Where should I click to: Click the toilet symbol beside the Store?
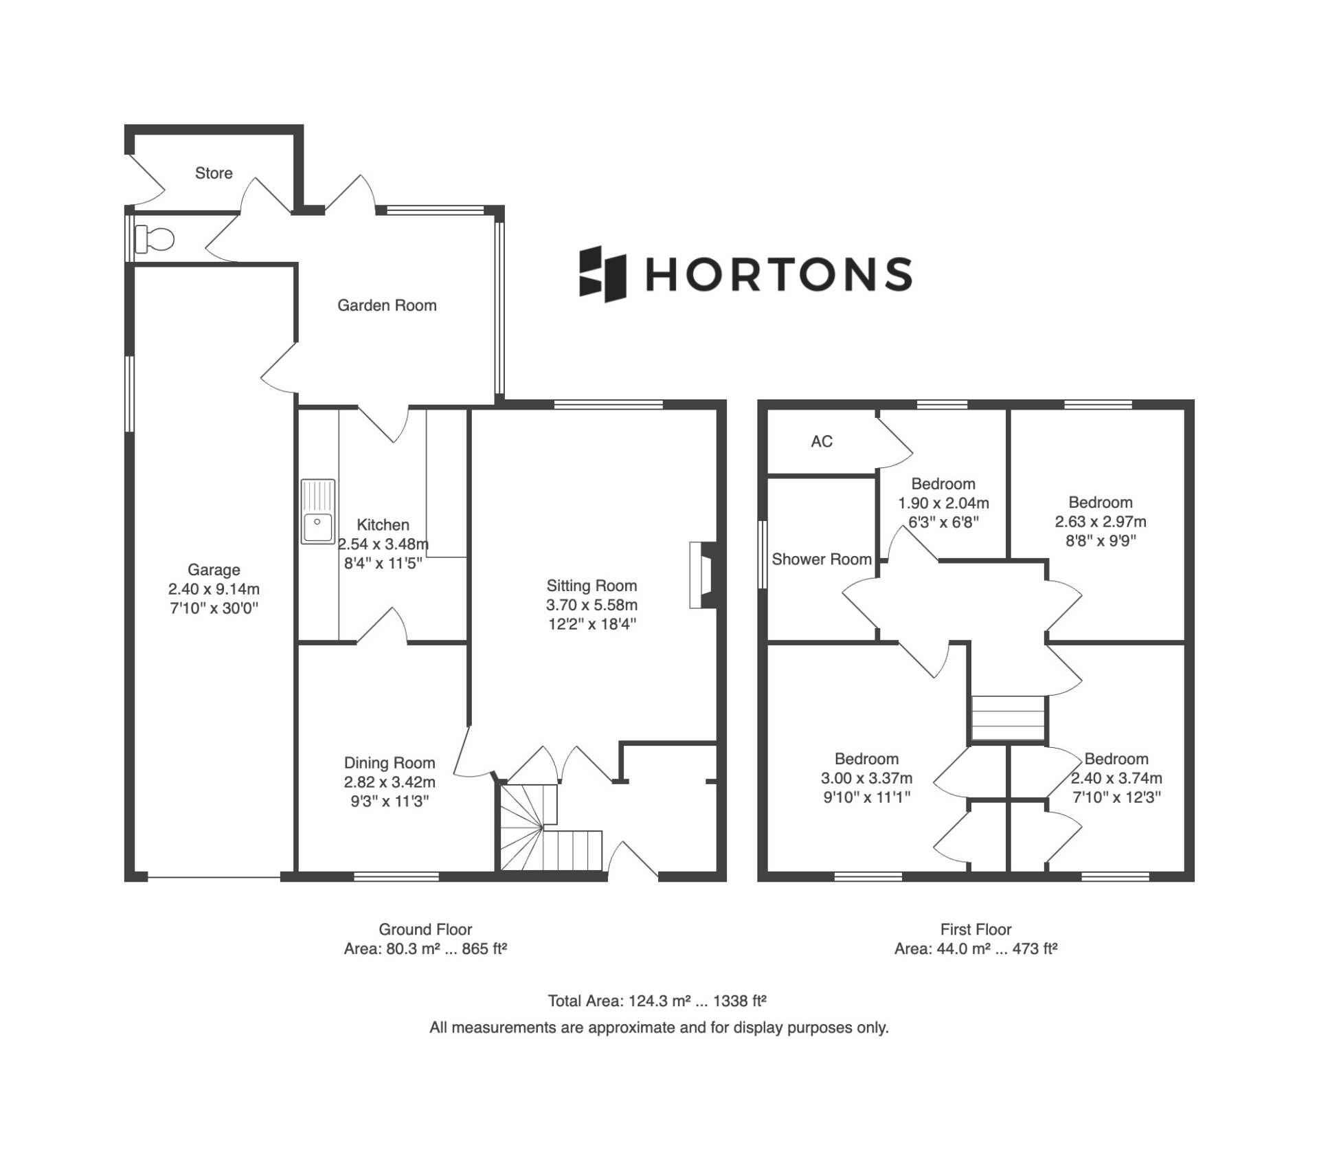point(155,238)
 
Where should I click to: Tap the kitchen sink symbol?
point(318,511)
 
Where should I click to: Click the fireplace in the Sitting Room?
point(703,575)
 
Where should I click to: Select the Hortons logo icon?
point(602,274)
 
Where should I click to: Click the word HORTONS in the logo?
point(779,274)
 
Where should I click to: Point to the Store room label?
point(214,173)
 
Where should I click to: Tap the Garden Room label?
point(387,305)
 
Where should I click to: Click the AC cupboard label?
point(822,441)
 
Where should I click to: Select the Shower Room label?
point(822,559)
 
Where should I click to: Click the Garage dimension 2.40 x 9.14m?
point(214,589)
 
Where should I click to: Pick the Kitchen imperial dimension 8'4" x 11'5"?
point(383,564)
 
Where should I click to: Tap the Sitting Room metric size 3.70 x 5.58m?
point(591,605)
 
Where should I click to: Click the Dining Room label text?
point(390,763)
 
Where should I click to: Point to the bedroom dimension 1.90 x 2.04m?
point(943,503)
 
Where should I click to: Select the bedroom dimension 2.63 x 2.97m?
point(1101,522)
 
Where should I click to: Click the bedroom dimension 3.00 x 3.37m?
point(866,778)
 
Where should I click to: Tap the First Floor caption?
point(976,930)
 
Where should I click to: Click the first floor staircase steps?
point(1008,719)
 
